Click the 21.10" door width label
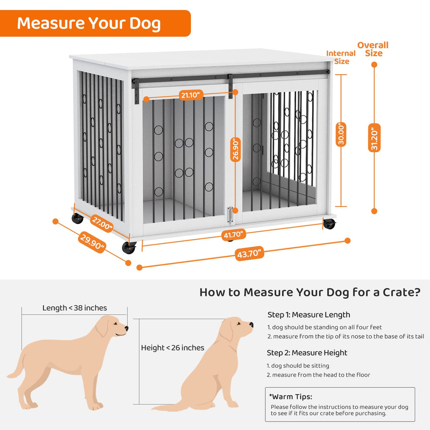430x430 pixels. [191, 95]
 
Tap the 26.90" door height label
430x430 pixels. [236, 149]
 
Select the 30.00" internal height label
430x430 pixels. [341, 134]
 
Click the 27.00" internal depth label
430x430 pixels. [102, 224]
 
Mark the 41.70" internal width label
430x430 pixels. [233, 234]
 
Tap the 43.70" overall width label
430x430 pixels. [249, 254]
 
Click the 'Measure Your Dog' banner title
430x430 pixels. [89, 23]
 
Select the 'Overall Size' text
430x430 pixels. [373, 49]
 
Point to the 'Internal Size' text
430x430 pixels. [341, 57]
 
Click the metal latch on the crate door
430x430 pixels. [231, 215]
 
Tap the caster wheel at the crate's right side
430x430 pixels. [329, 224]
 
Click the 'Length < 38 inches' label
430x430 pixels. [74, 308]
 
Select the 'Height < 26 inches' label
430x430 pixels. [172, 348]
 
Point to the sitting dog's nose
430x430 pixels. [251, 324]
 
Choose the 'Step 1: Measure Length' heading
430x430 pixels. [309, 315]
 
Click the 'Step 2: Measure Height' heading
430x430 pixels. [307, 353]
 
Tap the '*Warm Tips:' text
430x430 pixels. [290, 397]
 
